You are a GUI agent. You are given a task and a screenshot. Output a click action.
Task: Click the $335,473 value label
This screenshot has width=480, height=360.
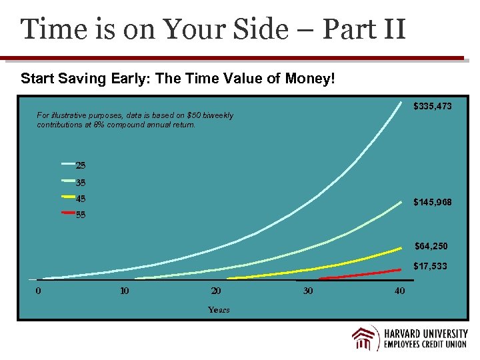click(x=433, y=106)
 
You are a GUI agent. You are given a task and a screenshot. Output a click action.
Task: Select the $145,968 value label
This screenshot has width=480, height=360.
click(x=433, y=201)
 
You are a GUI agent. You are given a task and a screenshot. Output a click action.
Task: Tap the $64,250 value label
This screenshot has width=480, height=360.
click(x=431, y=246)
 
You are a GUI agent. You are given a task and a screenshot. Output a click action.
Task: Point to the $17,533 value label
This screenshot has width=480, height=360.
click(x=430, y=266)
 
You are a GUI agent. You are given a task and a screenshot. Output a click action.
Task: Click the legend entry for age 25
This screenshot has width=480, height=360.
click(x=74, y=165)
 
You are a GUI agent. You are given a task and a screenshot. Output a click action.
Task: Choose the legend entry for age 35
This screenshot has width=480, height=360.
click(x=74, y=182)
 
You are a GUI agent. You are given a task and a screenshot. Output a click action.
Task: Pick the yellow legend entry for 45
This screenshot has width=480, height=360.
click(x=74, y=199)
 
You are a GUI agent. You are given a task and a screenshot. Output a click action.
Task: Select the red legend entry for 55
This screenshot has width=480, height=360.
click(x=74, y=215)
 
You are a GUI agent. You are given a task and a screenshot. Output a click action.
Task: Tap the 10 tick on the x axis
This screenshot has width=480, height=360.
click(x=124, y=291)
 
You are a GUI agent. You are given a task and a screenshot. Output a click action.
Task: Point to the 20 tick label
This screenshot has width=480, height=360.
click(x=216, y=291)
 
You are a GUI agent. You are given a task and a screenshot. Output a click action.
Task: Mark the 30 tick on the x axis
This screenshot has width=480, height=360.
click(x=307, y=291)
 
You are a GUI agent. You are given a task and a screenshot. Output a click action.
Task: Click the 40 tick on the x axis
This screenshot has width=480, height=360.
click(x=399, y=291)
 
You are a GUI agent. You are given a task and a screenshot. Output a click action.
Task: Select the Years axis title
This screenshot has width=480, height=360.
click(x=219, y=309)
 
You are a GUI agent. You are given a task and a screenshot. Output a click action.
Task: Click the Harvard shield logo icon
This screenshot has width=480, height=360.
click(x=365, y=338)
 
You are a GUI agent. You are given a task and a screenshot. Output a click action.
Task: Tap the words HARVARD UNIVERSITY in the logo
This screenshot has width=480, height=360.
click(x=425, y=333)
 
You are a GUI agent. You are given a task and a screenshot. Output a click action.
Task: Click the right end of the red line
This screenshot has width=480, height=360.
click(x=400, y=269)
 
